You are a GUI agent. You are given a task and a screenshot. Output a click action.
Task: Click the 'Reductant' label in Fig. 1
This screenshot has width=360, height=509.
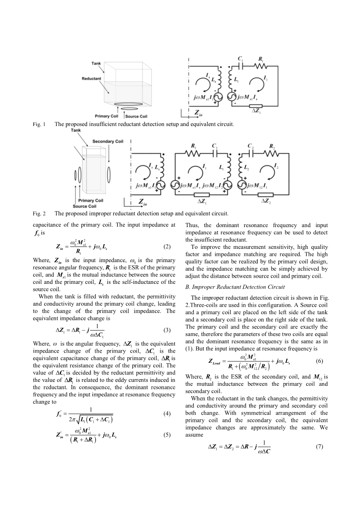click(91, 79)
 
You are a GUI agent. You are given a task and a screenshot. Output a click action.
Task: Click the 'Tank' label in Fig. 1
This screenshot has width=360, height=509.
click(96, 63)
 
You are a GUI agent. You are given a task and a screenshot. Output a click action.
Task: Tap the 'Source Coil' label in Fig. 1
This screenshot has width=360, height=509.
click(136, 116)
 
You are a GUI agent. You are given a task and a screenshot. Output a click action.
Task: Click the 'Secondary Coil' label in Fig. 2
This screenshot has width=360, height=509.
click(107, 141)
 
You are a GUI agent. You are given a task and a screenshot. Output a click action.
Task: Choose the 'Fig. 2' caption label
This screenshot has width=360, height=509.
click(39, 213)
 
